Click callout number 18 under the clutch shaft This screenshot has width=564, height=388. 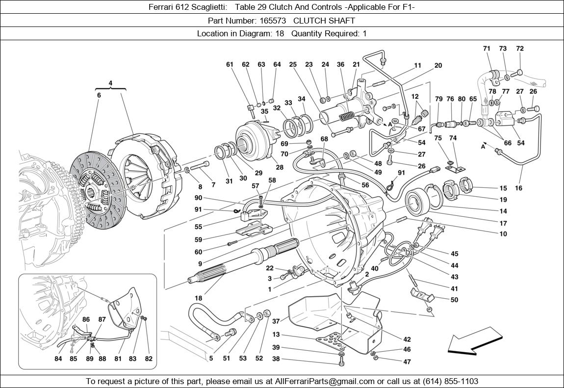pyautogui.click(x=198, y=298)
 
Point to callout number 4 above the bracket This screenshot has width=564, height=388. pyautogui.click(x=110, y=83)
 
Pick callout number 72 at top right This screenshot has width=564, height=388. pyautogui.click(x=519, y=49)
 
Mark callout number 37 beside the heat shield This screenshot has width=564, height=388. pyautogui.click(x=276, y=321)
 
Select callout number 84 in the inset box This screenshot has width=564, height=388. pyautogui.click(x=58, y=359)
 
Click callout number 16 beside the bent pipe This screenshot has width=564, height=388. pyautogui.click(x=518, y=188)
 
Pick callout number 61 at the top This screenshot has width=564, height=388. pyautogui.click(x=230, y=64)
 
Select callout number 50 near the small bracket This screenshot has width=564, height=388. pyautogui.click(x=454, y=300)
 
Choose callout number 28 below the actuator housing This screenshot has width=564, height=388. pyautogui.click(x=280, y=167)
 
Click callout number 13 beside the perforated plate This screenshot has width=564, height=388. pyautogui.click(x=276, y=335)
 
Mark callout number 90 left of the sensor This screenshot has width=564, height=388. pyautogui.click(x=198, y=198)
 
